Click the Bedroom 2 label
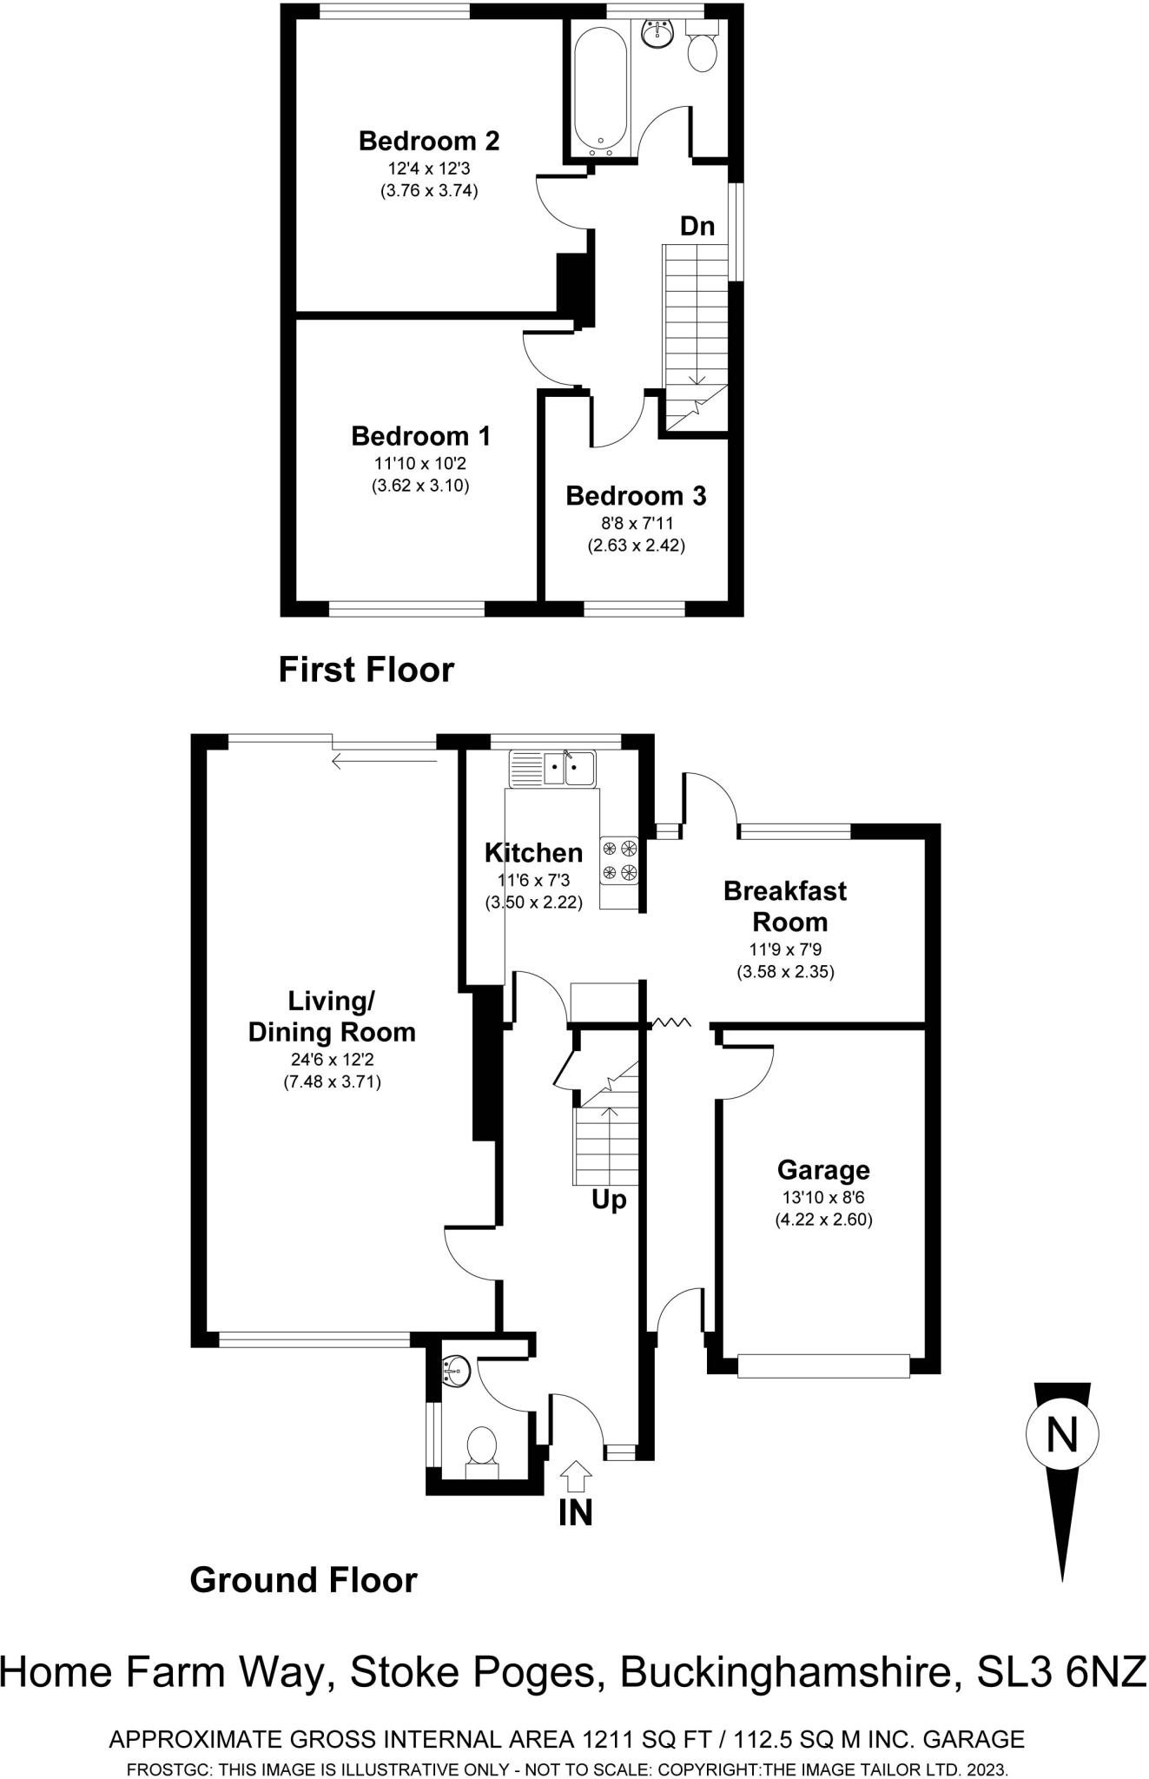point(428,140)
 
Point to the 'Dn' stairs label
point(697,227)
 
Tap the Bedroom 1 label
point(420,435)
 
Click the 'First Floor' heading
point(366,671)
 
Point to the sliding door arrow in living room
point(383,762)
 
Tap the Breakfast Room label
point(785,906)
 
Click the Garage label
point(823,1170)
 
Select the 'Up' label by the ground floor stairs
point(609,1200)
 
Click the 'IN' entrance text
point(575,1512)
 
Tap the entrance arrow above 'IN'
point(576,1476)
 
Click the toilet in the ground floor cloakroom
point(481,1447)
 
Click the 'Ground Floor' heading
point(303,1579)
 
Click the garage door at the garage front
point(822,1366)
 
